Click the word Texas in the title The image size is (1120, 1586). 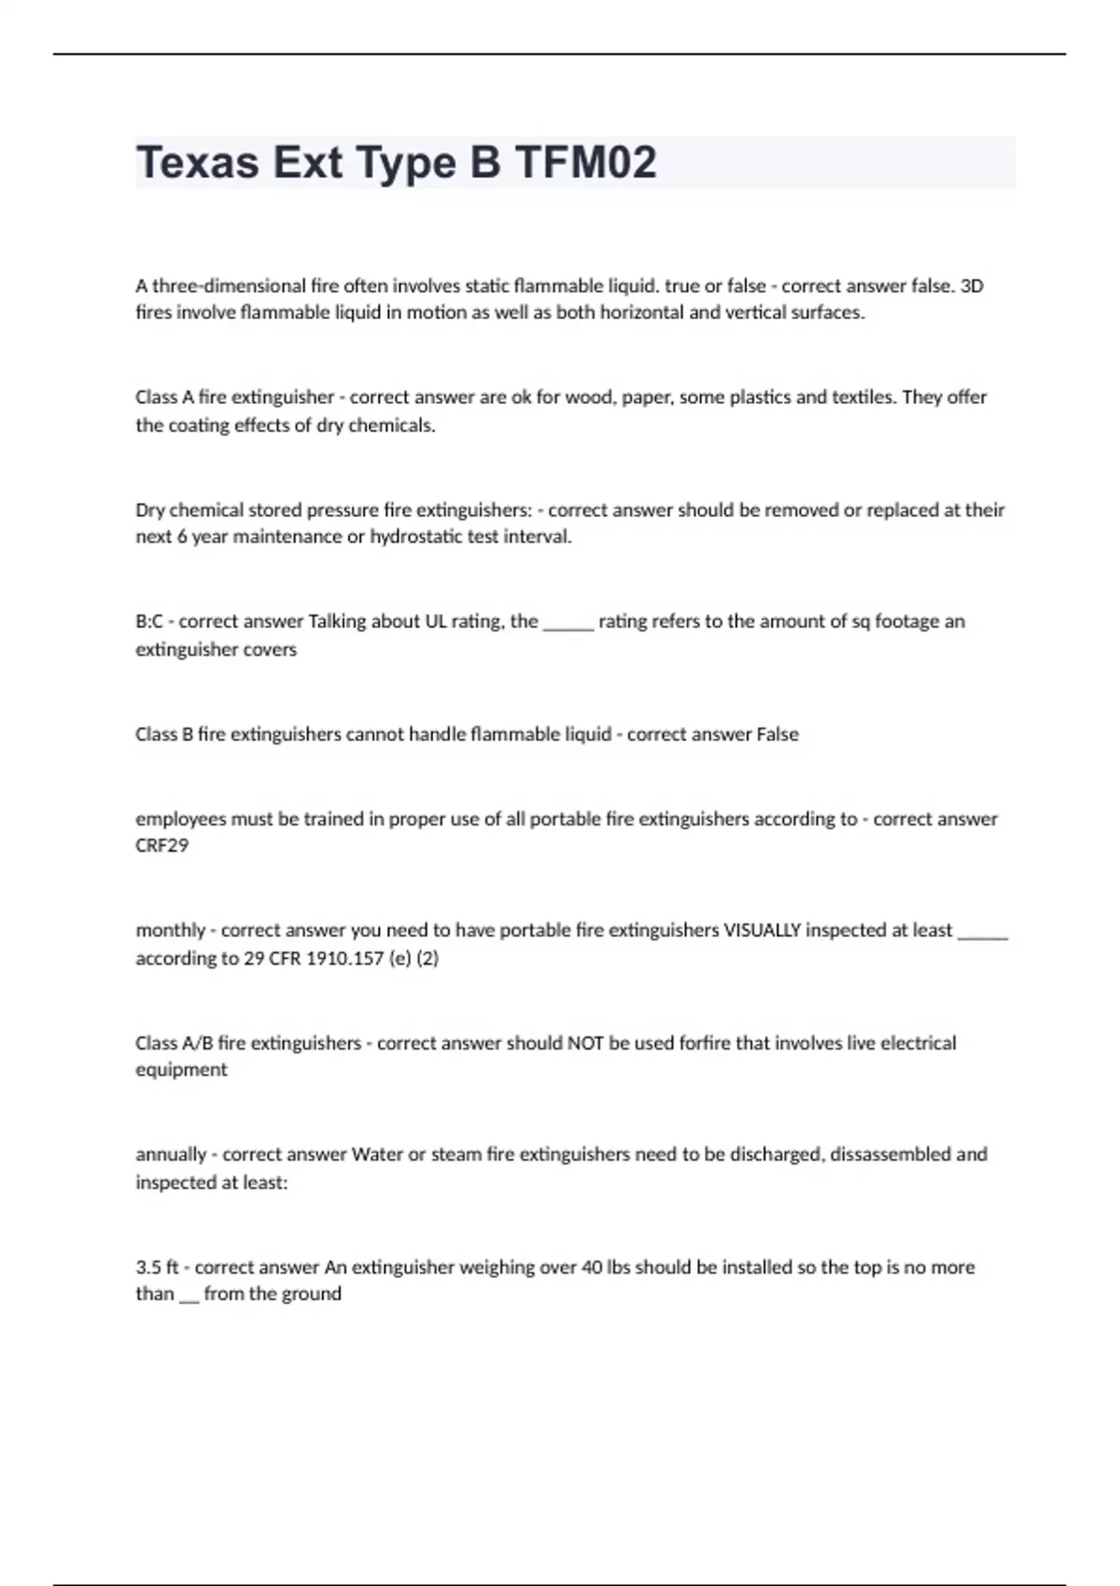click(197, 163)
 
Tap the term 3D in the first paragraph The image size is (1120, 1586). click(972, 285)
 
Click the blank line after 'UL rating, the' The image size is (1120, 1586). click(567, 623)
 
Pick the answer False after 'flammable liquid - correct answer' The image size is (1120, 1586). click(777, 734)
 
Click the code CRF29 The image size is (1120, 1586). click(161, 845)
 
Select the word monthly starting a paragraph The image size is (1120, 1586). click(170, 930)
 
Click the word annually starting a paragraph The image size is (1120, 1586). click(171, 1154)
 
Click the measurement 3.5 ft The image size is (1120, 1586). click(157, 1267)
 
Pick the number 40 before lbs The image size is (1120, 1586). click(592, 1267)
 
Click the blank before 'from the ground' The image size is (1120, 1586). click(189, 1296)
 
